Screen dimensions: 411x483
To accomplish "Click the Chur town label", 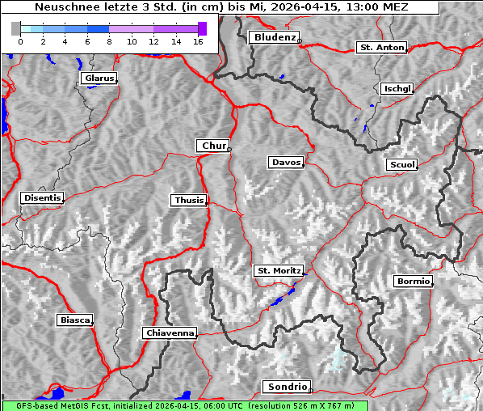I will tap(213, 146).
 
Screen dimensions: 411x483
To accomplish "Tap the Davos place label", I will tap(286, 163).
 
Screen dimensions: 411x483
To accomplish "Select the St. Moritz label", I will tap(278, 270).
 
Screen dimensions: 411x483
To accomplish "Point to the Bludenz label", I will tap(273, 37).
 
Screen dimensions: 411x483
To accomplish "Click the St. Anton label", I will tap(380, 48).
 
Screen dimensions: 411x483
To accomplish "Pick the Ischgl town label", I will tap(397, 88).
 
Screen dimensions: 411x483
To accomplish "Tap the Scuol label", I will tap(401, 164).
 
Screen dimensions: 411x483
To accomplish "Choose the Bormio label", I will tap(413, 282).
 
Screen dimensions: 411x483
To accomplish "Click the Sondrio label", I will tap(285, 387).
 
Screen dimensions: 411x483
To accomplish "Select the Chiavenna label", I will tap(169, 333).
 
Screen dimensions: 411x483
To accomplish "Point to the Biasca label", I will tap(75, 320).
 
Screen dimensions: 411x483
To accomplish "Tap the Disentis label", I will tap(41, 197).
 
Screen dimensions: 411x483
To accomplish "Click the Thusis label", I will tap(188, 200).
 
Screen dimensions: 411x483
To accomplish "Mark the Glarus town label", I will tap(98, 78).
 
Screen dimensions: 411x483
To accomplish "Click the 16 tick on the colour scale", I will tap(197, 40).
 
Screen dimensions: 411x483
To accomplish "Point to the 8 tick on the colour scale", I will tap(109, 40).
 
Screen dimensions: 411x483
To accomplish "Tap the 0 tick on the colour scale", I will tap(20, 40).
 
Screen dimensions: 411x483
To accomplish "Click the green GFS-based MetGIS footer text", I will tap(184, 405).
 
